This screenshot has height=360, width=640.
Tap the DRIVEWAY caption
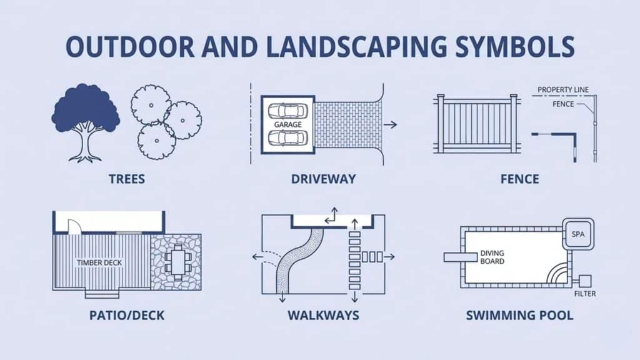coord(323,179)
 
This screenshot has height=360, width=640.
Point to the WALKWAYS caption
coord(323,314)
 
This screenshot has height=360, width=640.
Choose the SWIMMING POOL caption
coord(519,314)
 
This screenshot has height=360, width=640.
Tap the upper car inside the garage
coord(287,111)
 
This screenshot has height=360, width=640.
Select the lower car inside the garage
coord(287,137)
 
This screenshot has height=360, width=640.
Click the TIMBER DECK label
coord(100,263)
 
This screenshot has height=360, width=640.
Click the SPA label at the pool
coord(577,233)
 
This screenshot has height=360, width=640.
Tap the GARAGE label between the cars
coord(287,124)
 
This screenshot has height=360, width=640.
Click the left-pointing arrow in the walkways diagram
coord(256,256)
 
